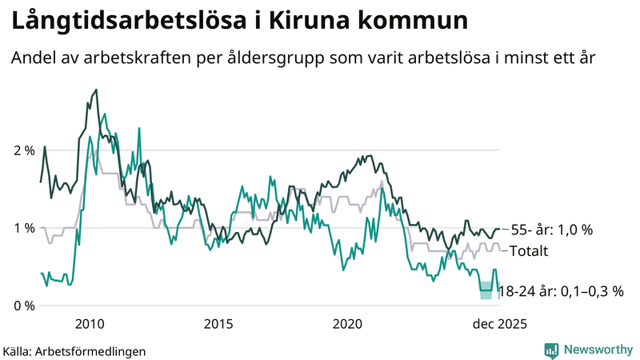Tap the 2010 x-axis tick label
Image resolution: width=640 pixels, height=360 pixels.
(x=89, y=323)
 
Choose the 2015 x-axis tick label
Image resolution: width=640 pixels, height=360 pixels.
(x=218, y=323)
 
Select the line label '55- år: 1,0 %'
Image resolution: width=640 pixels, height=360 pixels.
(x=552, y=230)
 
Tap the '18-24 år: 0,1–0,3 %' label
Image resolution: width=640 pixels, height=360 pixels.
(x=561, y=291)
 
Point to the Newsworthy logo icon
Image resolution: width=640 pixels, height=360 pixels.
(x=551, y=350)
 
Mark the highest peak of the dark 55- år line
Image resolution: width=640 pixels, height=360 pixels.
(x=96, y=90)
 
